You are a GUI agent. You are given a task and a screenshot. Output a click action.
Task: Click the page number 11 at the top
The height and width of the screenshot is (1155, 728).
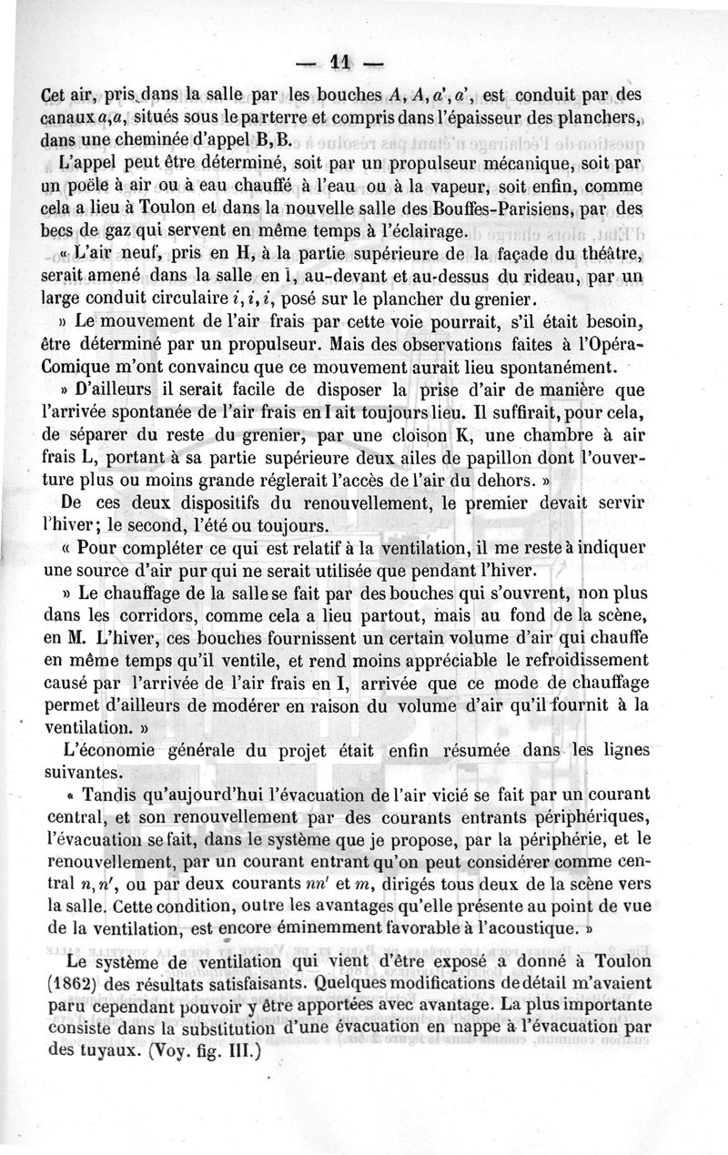pos(341,63)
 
